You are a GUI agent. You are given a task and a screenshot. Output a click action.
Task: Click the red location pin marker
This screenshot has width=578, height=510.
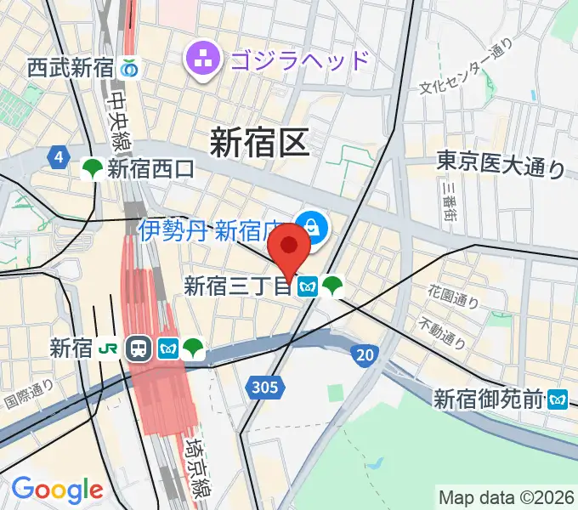289,247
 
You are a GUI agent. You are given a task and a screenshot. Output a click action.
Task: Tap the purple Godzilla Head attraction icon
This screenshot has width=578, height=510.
203,59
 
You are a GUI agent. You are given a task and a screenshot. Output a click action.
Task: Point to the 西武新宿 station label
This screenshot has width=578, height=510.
71,66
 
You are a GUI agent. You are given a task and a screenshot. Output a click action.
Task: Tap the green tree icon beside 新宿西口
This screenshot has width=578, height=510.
92,170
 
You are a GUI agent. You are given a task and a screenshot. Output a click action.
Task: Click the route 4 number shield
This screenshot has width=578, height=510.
58,157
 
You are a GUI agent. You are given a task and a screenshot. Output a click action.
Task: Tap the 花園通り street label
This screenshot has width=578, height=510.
454,297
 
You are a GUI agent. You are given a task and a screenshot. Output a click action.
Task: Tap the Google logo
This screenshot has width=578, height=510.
57,489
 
